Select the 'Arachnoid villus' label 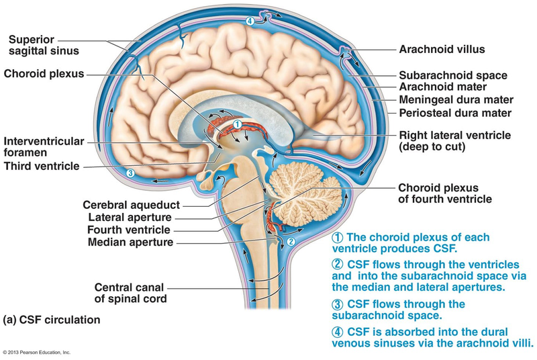tap(442, 49)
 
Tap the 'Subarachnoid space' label tap(453, 76)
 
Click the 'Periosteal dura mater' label tap(455, 112)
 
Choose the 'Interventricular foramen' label tap(44, 147)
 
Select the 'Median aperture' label tap(131, 242)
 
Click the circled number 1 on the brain tap(237, 124)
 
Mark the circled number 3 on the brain tap(130, 173)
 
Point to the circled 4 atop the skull tap(250, 21)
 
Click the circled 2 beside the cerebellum tap(291, 240)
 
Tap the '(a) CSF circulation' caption tap(52, 320)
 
